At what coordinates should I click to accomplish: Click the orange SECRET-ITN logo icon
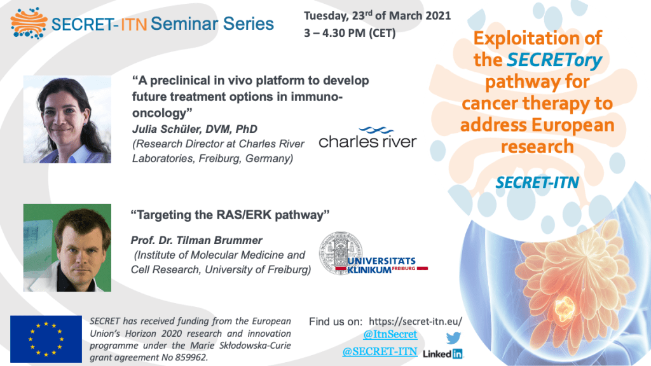[x=29, y=23]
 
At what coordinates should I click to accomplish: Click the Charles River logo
[x=368, y=138]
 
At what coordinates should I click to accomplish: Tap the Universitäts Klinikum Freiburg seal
[x=341, y=253]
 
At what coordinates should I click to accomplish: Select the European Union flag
[x=46, y=339]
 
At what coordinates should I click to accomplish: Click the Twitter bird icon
[x=453, y=338]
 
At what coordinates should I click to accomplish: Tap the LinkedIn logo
[x=442, y=354]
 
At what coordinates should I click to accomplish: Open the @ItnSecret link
[x=390, y=334]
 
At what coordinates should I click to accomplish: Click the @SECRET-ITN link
[x=380, y=351]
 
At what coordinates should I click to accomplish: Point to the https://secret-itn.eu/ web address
[x=415, y=322]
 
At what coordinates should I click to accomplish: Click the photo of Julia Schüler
[x=67, y=119]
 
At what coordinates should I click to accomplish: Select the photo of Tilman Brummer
[x=67, y=248]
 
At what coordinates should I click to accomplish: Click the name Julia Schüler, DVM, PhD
[x=195, y=129]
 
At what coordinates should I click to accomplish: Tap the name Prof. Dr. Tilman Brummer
[x=196, y=240]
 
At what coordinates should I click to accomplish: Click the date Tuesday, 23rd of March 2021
[x=377, y=16]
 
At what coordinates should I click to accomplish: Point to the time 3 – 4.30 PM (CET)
[x=350, y=33]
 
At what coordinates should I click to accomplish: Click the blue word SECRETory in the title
[x=554, y=60]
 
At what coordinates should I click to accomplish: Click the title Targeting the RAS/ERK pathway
[x=230, y=215]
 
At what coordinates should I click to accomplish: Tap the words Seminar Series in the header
[x=212, y=24]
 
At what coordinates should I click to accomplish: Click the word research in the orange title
[x=537, y=147]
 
